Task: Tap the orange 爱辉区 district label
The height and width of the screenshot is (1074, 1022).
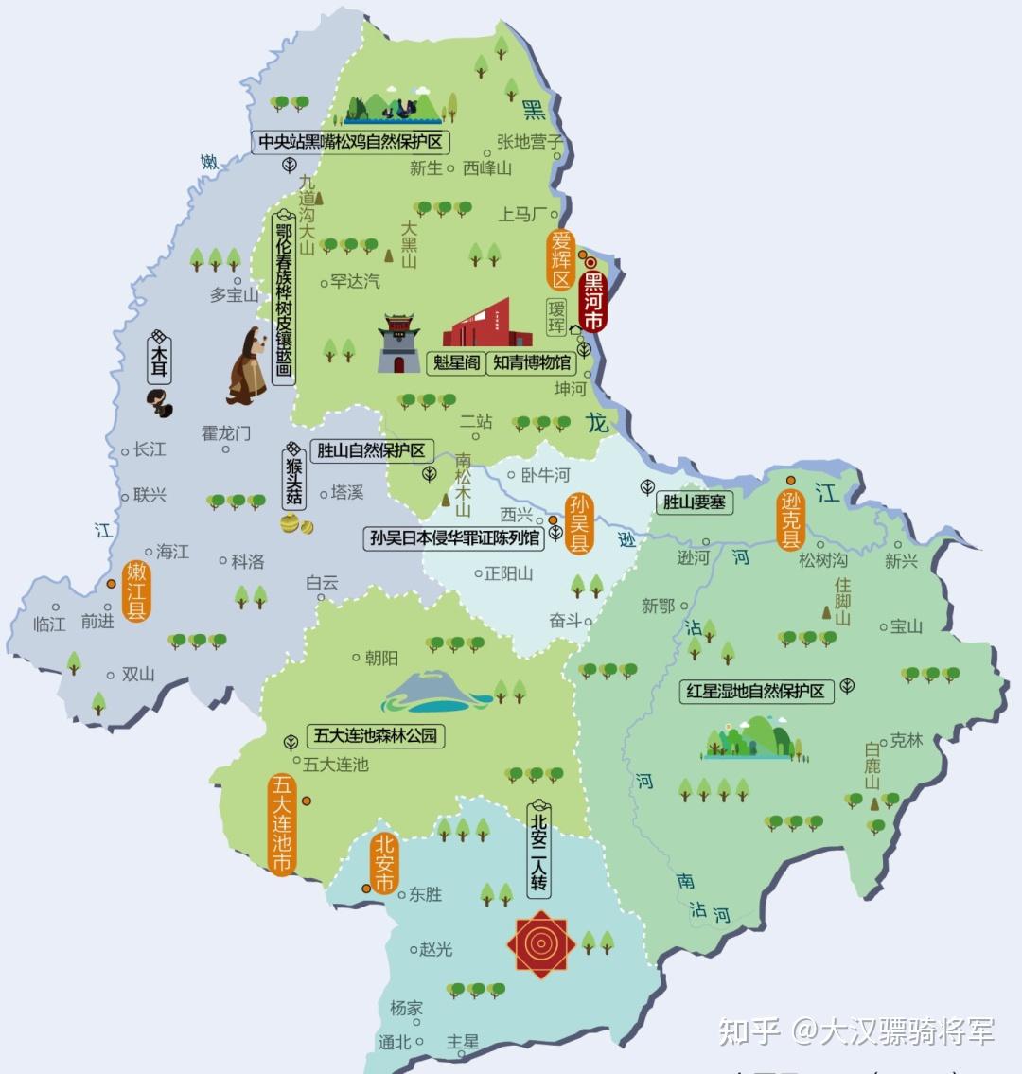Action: pyautogui.click(x=561, y=258)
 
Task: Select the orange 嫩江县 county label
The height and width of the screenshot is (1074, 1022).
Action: pyautogui.click(x=137, y=590)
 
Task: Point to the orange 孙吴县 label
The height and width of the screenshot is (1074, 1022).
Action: pyautogui.click(x=577, y=522)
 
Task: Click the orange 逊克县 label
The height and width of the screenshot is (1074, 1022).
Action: pyautogui.click(x=790, y=519)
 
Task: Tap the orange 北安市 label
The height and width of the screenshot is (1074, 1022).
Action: pyautogui.click(x=383, y=863)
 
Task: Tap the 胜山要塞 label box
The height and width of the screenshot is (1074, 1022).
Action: pyautogui.click(x=695, y=502)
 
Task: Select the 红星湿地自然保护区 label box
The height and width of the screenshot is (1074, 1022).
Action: pyautogui.click(x=756, y=692)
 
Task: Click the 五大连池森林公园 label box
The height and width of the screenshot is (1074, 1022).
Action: pyautogui.click(x=376, y=735)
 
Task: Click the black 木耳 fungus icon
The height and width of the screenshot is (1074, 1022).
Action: pyautogui.click(x=159, y=401)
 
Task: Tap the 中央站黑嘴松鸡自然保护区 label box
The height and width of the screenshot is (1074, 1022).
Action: pyautogui.click(x=351, y=142)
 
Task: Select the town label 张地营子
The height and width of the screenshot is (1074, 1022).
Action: pyautogui.click(x=530, y=142)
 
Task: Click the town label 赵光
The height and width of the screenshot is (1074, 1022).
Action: pyautogui.click(x=435, y=948)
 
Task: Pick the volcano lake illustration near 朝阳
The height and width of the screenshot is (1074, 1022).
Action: pyautogui.click(x=436, y=693)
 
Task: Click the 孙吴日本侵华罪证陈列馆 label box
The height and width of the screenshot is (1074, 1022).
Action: pyautogui.click(x=455, y=538)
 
